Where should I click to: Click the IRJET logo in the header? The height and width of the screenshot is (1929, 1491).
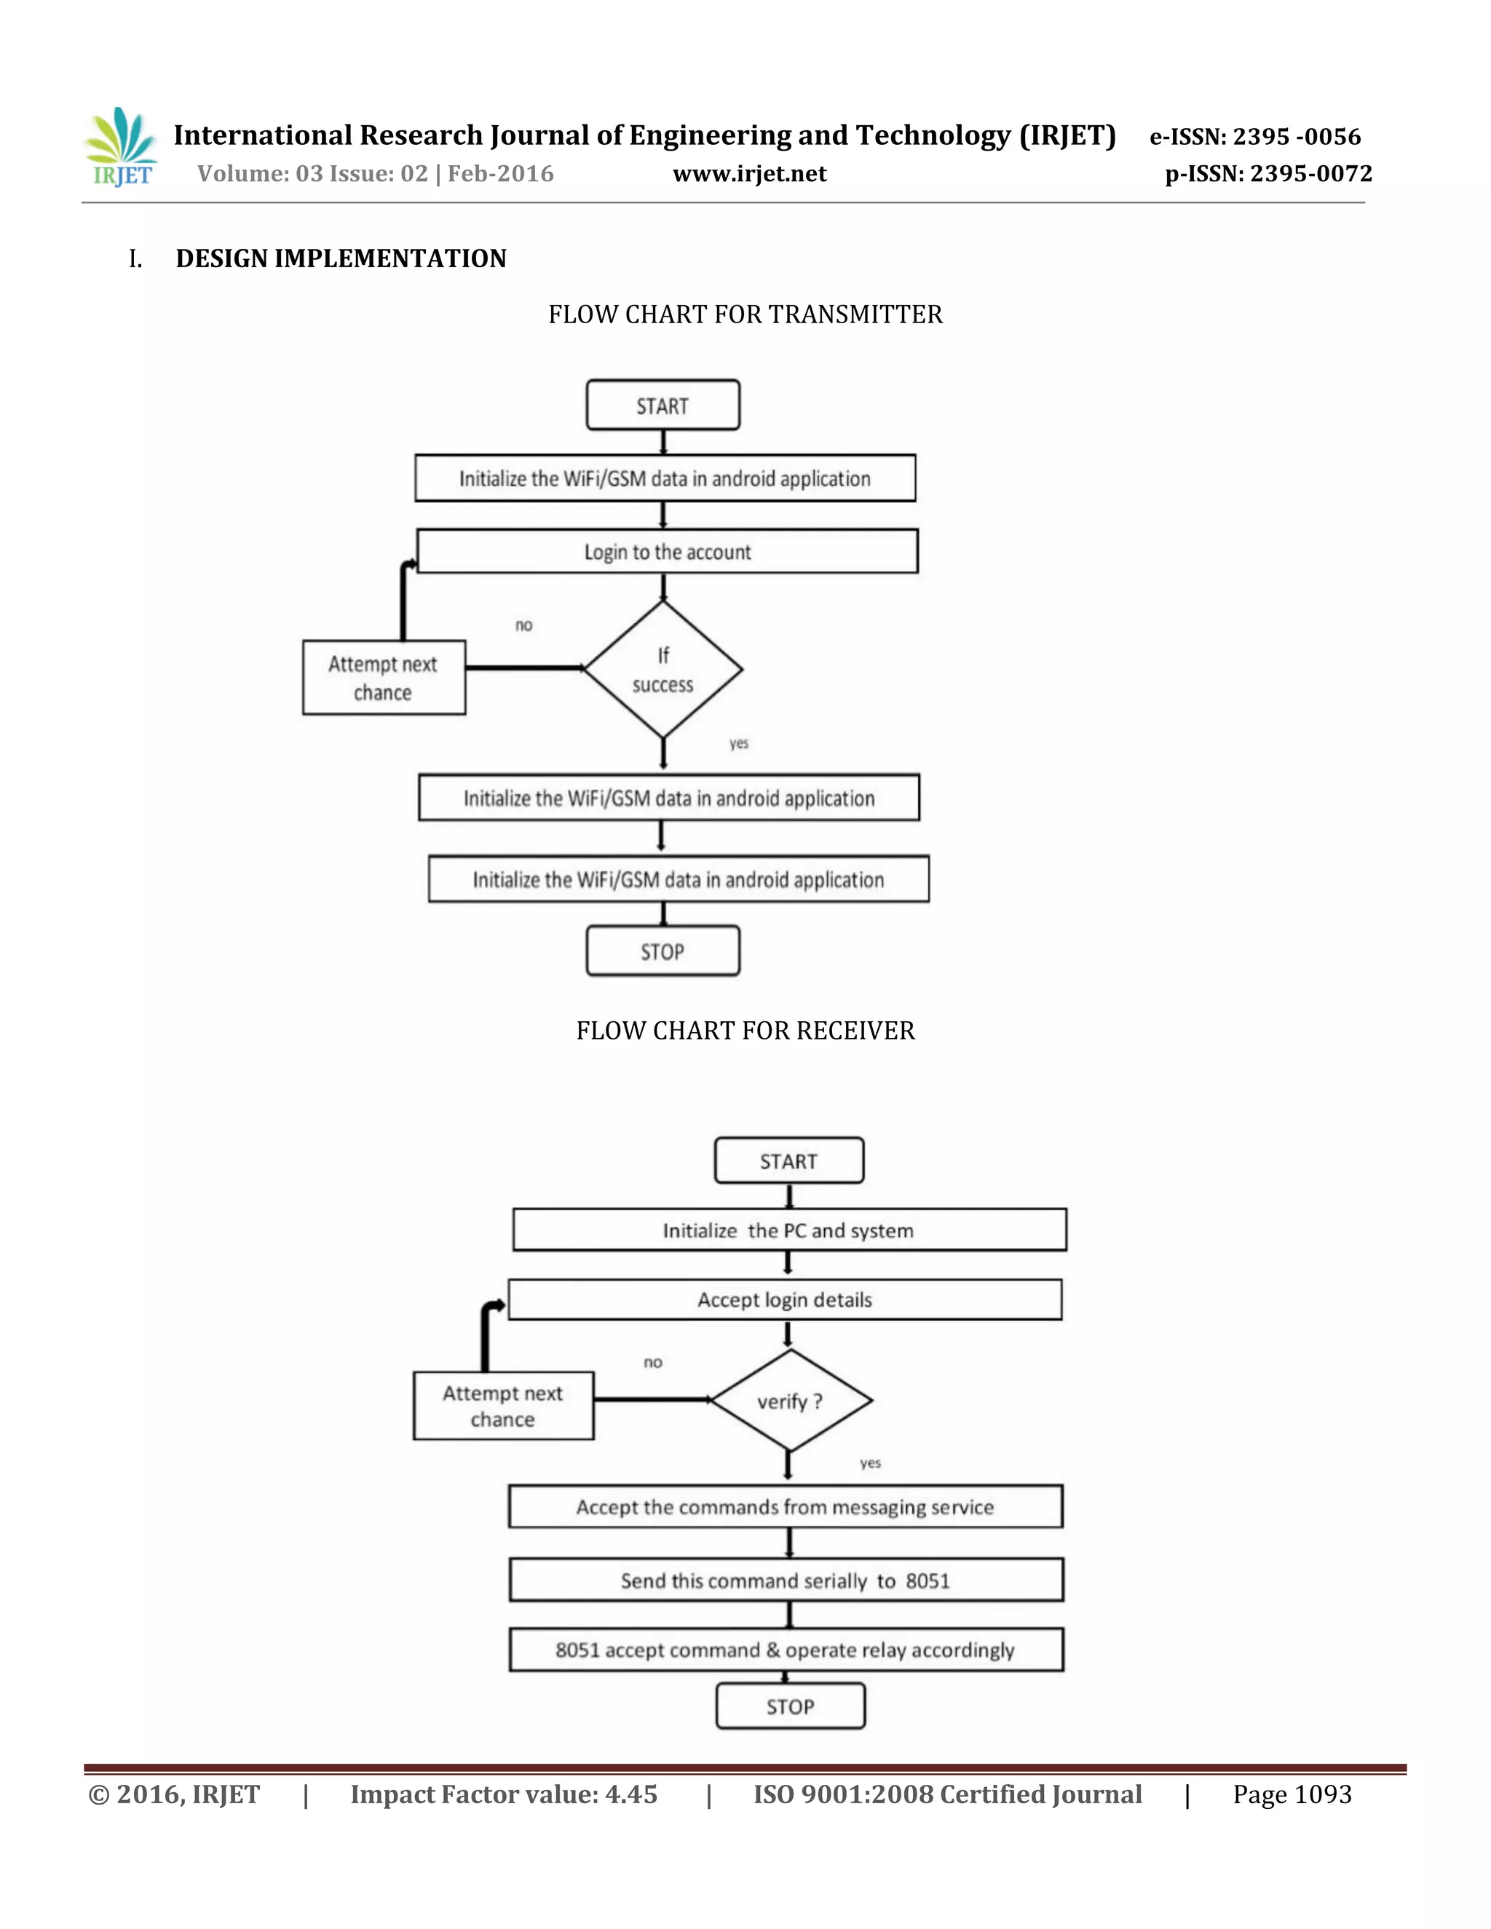[x=121, y=148]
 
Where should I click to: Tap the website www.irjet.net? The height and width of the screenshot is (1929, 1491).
[x=749, y=174]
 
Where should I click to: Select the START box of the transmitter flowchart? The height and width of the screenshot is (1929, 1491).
[x=663, y=405]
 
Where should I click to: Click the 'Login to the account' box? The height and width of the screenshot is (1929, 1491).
[x=667, y=552]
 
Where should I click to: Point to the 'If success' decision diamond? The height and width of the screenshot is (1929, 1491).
[x=663, y=670]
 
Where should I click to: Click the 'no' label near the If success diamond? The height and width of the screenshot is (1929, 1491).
[x=523, y=625]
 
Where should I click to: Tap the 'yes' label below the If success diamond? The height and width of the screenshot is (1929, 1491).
[x=738, y=744]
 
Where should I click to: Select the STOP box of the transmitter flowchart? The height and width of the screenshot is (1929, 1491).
[x=663, y=951]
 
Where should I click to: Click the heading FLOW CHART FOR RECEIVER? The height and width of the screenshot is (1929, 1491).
[x=745, y=1031]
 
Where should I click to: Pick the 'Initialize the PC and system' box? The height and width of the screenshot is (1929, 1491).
[x=788, y=1230]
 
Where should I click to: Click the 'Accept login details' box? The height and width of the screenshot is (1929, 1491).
[x=784, y=1299]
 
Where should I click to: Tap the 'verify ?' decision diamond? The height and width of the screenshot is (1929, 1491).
[x=790, y=1401]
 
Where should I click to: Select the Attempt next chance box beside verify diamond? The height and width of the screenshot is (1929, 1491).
[x=502, y=1405]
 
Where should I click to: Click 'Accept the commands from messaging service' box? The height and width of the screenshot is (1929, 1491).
[x=784, y=1507]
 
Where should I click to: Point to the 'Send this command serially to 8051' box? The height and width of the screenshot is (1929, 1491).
[x=786, y=1580]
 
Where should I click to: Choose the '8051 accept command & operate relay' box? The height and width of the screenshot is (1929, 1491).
[x=786, y=1650]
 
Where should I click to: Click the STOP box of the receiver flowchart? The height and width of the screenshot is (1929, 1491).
[x=790, y=1706]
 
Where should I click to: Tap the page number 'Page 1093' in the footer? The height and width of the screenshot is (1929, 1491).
[x=1292, y=1795]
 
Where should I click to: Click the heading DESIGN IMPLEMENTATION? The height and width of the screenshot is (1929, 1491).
[x=341, y=259]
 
